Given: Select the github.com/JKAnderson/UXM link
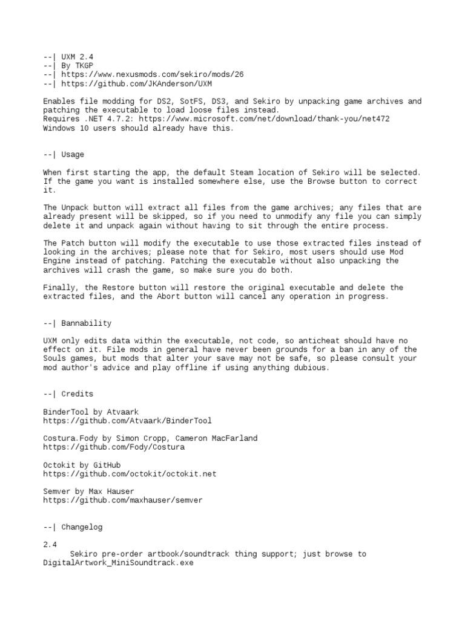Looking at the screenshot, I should point(137,83).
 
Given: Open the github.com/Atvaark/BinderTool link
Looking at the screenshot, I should point(128,421).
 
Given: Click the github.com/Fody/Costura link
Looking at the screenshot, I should point(114,447).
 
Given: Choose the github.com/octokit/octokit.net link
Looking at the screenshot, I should point(130,474).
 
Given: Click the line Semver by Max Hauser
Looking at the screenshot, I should point(88,491).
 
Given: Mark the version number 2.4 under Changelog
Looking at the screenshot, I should point(50,545).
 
